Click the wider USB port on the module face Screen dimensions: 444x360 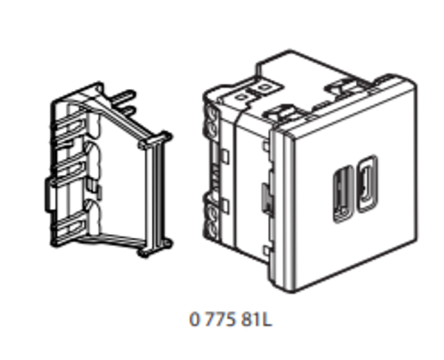343,194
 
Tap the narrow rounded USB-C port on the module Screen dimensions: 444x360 367,184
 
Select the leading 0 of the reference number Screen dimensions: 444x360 195,319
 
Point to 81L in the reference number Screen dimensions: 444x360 257,319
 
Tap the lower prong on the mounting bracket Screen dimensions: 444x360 127,111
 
